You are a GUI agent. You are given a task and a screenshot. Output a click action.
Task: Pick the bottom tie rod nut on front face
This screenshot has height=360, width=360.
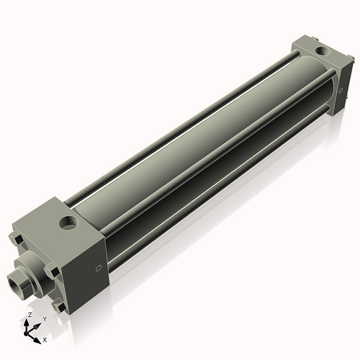pyautogui.click(x=60, y=308)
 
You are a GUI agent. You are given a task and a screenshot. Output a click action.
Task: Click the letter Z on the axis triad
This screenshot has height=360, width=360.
pyautogui.click(x=28, y=315)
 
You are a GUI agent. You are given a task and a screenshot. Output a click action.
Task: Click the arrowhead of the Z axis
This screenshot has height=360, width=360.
pyautogui.click(x=29, y=322)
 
